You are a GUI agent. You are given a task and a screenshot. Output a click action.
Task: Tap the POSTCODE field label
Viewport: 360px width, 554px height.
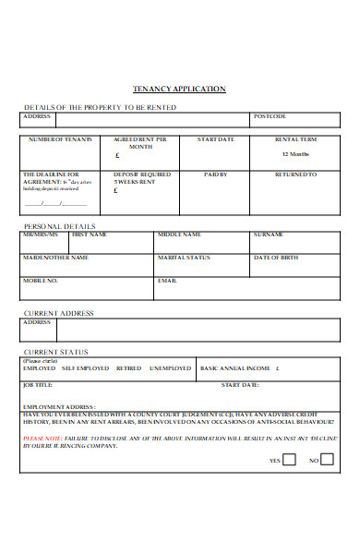270,116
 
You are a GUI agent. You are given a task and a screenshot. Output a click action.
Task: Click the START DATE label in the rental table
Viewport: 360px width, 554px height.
216,139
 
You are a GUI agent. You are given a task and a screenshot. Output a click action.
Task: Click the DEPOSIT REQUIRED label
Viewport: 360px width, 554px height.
141,174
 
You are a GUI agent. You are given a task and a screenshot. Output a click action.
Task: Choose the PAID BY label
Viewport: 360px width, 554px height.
216,174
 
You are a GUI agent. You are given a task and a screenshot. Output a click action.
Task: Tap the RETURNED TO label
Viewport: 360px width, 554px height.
296,174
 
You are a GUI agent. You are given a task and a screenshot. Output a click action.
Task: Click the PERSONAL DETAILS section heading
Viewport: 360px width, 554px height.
58,225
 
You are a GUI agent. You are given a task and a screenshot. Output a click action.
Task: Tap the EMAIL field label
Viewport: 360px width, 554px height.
167,280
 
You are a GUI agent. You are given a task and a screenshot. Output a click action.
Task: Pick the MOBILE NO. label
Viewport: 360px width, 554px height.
41,280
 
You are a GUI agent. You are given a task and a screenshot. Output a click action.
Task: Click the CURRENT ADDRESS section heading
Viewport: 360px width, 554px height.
58,313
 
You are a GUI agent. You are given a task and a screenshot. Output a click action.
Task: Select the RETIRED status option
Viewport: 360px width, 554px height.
128,367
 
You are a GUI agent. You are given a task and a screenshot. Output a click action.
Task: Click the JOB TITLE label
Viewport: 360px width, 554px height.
38,384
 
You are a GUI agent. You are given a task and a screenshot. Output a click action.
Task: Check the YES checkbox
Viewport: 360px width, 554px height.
289,459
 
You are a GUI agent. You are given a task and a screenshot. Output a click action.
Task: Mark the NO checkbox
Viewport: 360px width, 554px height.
329,459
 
